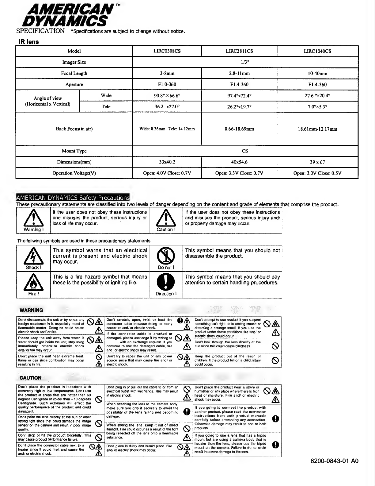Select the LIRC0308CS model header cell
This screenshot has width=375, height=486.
pos(167,51)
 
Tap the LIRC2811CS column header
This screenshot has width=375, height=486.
pos(239,51)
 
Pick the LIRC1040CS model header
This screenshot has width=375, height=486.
pos(317,51)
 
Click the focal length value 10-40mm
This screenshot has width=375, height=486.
pos(317,74)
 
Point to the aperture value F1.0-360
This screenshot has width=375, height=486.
pos(167,84)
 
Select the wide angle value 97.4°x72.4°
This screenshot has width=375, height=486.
pos(239,95)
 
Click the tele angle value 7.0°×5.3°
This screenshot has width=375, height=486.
pos(317,107)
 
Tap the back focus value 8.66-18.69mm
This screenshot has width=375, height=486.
pos(239,129)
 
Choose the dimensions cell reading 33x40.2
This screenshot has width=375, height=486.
pos(167,162)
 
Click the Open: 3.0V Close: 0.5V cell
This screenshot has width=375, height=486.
pos(317,173)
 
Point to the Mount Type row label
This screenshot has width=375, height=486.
pos(74,151)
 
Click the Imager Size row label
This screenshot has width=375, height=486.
pos(74,62)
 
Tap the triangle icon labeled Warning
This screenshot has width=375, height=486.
pos(33,218)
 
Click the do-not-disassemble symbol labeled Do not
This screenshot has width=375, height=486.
pos(166,255)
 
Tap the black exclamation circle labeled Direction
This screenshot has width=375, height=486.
pos(166,282)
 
